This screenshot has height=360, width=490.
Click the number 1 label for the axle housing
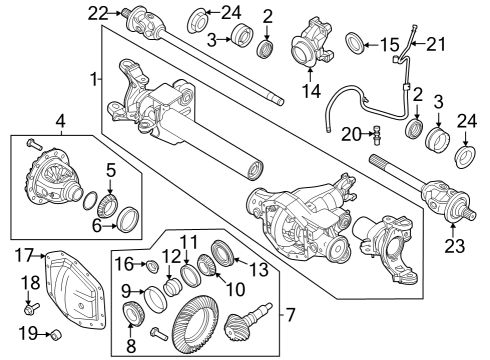93,79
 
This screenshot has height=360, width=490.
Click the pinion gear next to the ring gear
247,325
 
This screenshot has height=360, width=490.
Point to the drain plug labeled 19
58,333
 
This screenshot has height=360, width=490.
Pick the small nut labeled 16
152,265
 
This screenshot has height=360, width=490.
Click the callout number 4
60,124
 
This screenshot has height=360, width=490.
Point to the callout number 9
128,291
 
